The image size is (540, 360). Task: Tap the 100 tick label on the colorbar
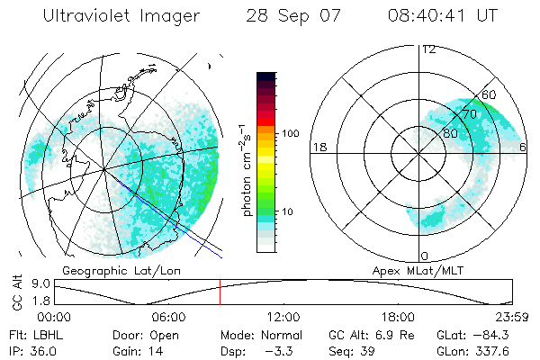(x=289, y=133)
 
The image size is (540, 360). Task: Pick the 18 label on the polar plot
(x=318, y=147)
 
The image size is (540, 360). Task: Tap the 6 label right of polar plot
(x=523, y=147)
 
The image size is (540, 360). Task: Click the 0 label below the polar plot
(x=424, y=256)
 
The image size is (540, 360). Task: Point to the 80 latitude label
(x=450, y=133)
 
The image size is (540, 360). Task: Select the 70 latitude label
(x=467, y=114)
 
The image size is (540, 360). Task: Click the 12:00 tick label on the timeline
(x=283, y=317)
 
